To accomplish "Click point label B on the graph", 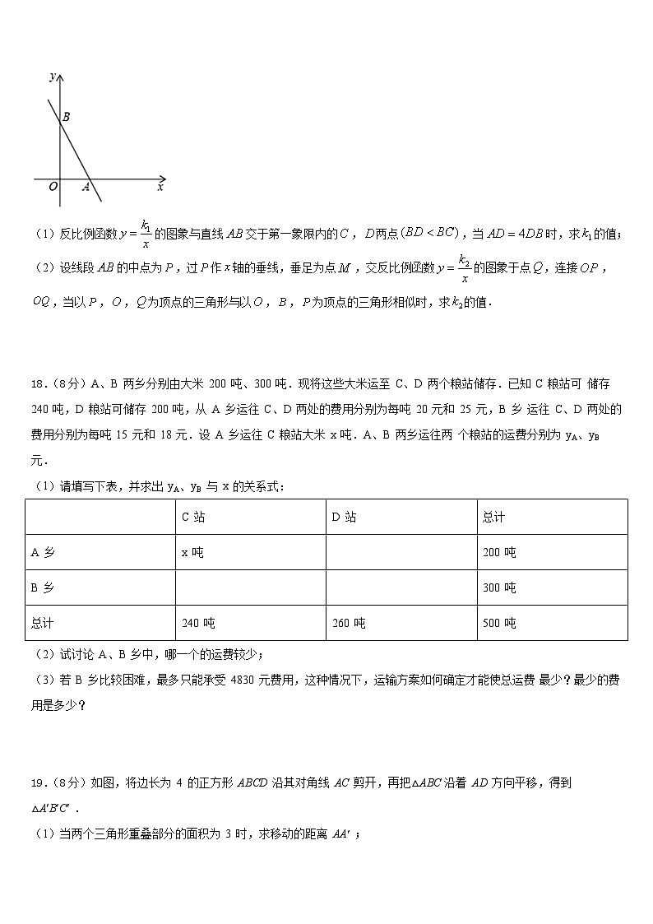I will tap(66, 118).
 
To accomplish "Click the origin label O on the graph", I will tap(53, 188).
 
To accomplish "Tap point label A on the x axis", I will tap(86, 188).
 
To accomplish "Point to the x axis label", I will tap(160, 188).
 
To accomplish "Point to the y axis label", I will tap(52, 77).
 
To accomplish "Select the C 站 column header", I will tap(192, 517).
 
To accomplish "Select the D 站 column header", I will tap(343, 517).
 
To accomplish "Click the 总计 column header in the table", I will tap(493, 517).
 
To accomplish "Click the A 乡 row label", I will tap(42, 552).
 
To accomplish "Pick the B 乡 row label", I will tap(42, 587).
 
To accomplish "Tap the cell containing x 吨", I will tap(192, 552).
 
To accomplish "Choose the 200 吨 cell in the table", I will tap(499, 552).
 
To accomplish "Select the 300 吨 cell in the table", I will tap(499, 587).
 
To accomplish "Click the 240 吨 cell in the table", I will tap(198, 623).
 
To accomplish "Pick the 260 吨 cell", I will tap(349, 623).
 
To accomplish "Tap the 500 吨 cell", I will tap(499, 623).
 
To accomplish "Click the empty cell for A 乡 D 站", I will tap(401, 552).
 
